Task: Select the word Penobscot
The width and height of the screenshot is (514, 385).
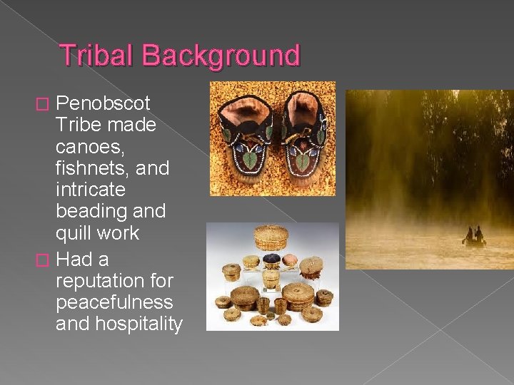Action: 103,103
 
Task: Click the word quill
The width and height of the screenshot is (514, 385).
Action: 73,233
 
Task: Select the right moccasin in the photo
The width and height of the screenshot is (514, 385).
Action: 303,139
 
